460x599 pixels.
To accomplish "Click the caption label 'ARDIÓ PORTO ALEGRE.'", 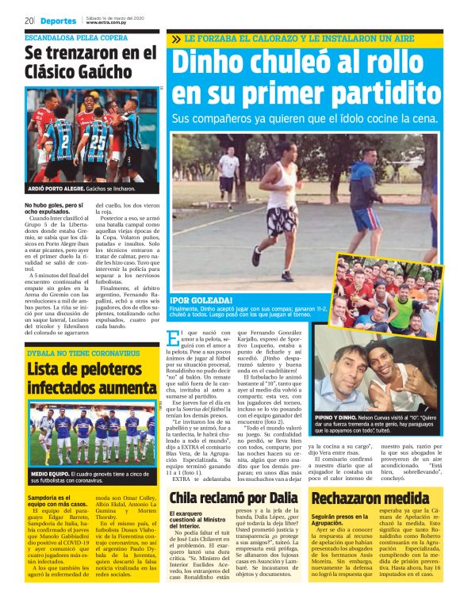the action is (x=56, y=190).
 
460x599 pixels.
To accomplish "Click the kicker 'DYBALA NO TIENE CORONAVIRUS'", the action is (x=83, y=352).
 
